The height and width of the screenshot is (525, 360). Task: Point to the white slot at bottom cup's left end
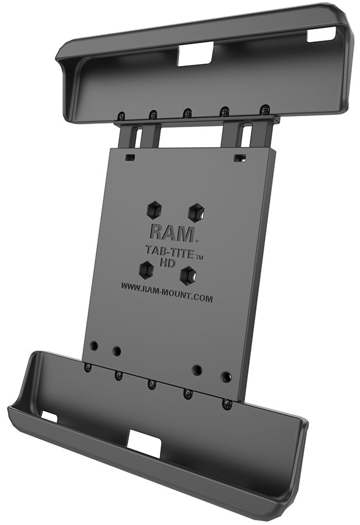[49, 416]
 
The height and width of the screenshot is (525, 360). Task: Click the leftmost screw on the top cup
[121, 116]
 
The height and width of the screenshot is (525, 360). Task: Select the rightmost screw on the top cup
[265, 109]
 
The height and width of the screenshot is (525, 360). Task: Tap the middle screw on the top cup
[187, 113]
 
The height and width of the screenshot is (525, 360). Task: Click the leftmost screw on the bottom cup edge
[88, 367]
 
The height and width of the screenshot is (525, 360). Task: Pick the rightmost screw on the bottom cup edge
[228, 403]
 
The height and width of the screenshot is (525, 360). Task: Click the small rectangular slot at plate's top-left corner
[130, 157]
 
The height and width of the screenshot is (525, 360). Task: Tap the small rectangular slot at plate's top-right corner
[238, 158]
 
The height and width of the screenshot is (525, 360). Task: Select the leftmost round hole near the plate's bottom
[93, 345]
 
